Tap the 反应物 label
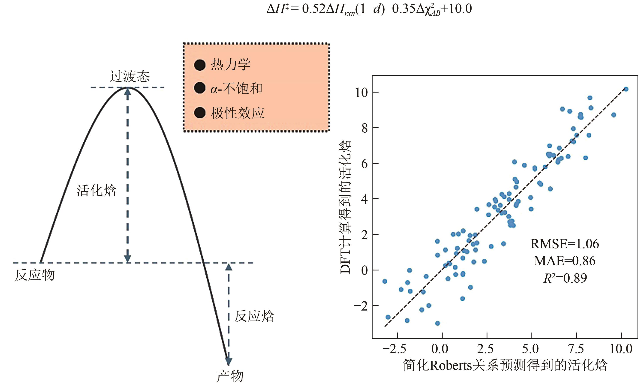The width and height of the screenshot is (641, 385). pos(35,275)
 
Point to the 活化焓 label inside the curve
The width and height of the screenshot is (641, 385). pos(96,191)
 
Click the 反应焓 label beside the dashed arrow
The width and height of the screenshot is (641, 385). pos(254,316)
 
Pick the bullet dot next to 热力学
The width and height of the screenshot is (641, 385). pos(200,65)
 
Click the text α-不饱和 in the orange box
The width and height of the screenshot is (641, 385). pos(236,89)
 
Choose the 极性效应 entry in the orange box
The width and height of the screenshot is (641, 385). pos(237,113)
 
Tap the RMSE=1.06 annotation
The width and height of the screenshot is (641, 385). pos(565,244)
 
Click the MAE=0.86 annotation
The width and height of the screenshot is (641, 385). pos(565,261)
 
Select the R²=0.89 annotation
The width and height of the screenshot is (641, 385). pos(565,278)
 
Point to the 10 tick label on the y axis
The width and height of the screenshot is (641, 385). pos(361,92)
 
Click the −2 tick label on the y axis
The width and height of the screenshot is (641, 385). pos(361,306)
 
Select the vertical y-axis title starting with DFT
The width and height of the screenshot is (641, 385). pos(345,207)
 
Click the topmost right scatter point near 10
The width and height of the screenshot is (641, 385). pos(626,89)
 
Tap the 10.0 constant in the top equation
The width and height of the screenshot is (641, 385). pos(460,8)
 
